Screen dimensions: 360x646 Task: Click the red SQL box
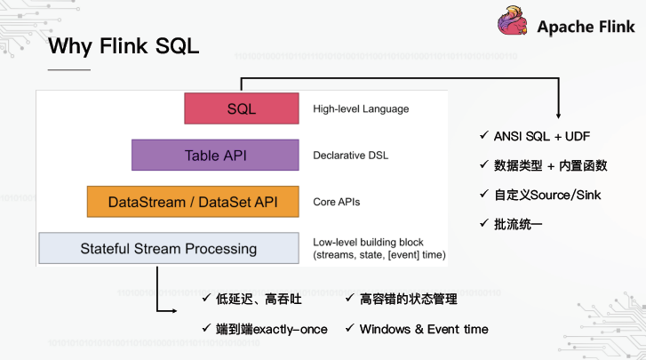click(241, 108)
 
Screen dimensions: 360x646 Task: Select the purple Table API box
click(214, 155)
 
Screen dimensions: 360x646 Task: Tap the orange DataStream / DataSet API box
click(192, 202)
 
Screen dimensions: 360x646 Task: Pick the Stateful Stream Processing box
click(168, 248)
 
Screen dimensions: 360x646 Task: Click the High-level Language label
click(361, 109)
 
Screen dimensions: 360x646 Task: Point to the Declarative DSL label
click(351, 156)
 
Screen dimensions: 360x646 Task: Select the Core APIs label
click(337, 203)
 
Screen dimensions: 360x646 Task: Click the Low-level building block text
click(368, 242)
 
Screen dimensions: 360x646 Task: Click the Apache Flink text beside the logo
click(586, 27)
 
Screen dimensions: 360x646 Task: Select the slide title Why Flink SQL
click(124, 45)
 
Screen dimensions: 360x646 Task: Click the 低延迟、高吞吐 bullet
click(252, 300)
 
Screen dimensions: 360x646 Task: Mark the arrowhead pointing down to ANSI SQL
click(558, 115)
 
